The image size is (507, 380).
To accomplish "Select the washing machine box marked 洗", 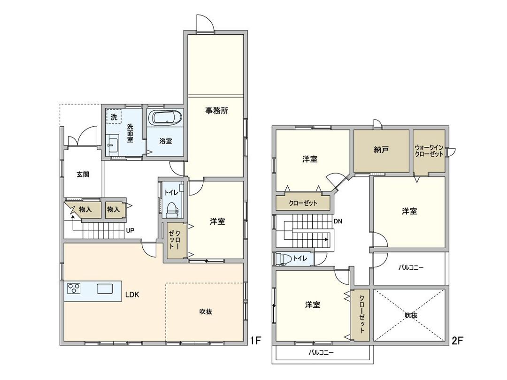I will coord(114,117).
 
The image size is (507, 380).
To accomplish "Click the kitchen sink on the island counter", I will coord(105,289).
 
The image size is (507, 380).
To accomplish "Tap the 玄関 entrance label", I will coord(83,174).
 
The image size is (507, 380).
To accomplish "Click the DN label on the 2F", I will coord(338,221).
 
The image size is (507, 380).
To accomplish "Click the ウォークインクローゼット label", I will coord(429,151).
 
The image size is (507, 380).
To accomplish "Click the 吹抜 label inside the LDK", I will coord(206,311).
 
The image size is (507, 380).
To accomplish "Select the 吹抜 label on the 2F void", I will coord(411,315).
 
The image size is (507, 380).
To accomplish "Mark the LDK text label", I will coord(132,295).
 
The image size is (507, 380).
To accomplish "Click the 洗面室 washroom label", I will coord(130,132).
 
